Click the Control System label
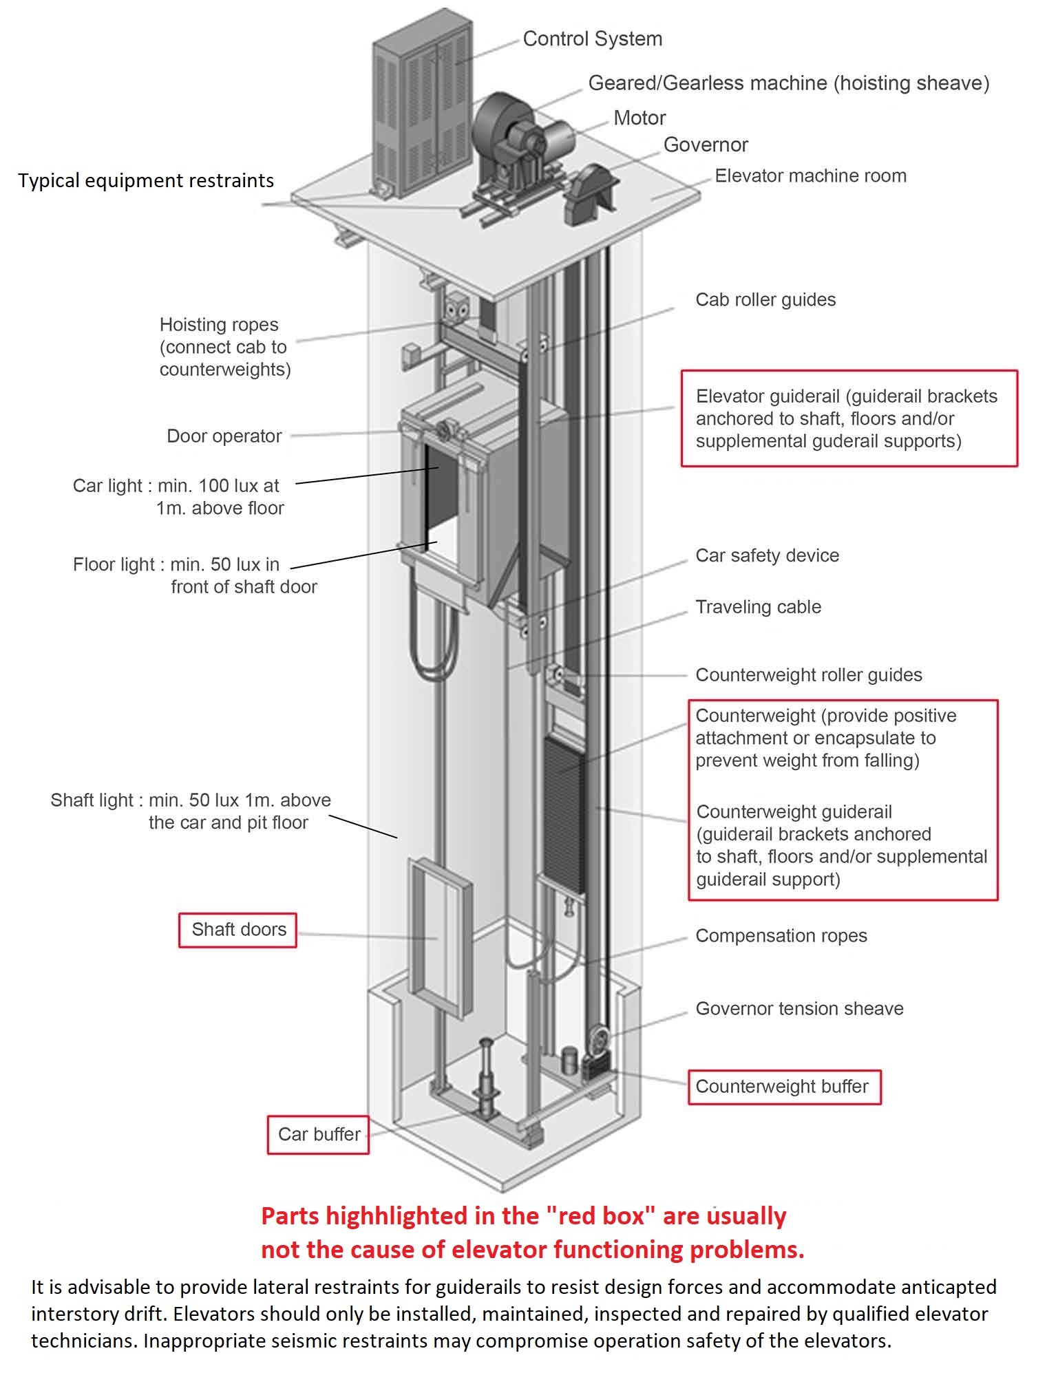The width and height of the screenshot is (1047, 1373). click(592, 39)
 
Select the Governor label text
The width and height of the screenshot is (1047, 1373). click(705, 145)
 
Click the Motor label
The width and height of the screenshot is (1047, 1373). click(639, 118)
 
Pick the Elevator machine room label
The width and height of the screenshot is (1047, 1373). click(810, 176)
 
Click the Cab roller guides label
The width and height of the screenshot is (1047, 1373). click(765, 300)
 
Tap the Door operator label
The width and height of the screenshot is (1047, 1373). click(224, 436)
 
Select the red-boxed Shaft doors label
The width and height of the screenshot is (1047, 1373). click(238, 930)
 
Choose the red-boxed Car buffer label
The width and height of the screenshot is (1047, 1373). click(319, 1134)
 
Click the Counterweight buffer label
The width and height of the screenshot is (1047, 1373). click(782, 1087)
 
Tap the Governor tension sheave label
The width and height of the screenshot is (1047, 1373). click(799, 1009)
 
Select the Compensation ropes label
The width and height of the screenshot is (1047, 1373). click(781, 936)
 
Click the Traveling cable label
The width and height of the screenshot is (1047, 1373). click(758, 607)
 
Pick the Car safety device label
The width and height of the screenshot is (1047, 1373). click(767, 556)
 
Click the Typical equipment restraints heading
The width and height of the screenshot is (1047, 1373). click(146, 181)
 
